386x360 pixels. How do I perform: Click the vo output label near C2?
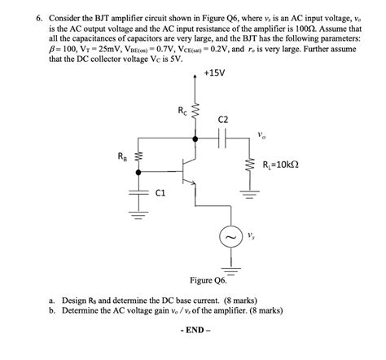(x=260, y=134)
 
